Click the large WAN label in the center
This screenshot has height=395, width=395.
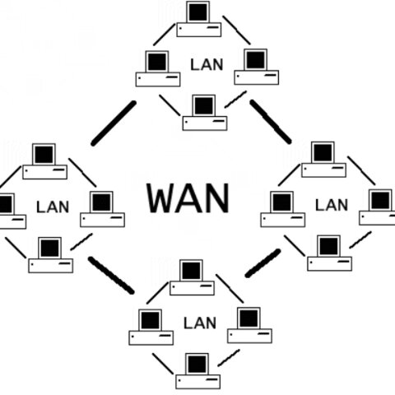(x=188, y=197)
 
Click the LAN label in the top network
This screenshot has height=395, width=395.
(x=206, y=63)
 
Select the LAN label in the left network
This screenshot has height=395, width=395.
(x=53, y=206)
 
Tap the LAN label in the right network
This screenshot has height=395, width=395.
(x=332, y=204)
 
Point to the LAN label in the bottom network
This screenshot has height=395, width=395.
(x=200, y=323)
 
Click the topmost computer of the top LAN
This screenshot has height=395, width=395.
(x=198, y=19)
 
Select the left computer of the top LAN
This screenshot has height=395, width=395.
(x=156, y=67)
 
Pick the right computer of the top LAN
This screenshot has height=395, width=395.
(x=254, y=66)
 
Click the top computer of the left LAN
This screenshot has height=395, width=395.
(x=44, y=160)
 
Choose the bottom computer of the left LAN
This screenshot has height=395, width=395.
(x=50, y=253)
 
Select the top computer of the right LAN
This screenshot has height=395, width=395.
(x=322, y=159)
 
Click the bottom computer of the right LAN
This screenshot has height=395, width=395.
(x=329, y=252)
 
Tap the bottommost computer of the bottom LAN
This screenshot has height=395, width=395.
(x=197, y=370)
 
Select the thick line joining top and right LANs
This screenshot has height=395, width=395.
(x=272, y=122)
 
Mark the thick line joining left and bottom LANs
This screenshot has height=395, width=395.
(x=110, y=275)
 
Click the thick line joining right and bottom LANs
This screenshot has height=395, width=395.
(x=263, y=261)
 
